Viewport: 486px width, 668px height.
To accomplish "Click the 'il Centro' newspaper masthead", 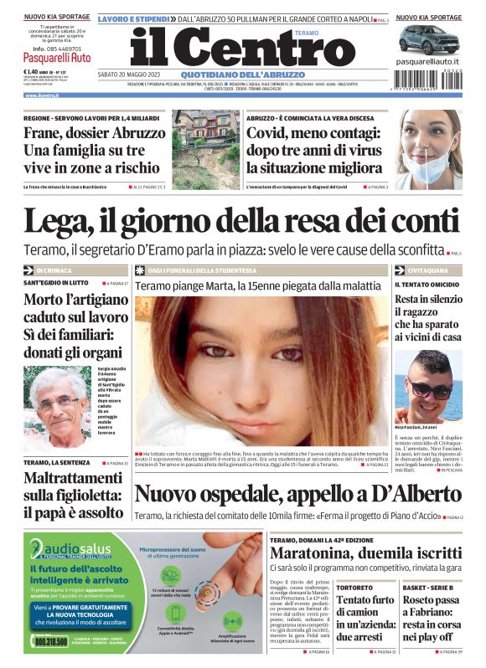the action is coord(243,47).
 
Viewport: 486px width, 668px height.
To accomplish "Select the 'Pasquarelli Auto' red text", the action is coord(57,58).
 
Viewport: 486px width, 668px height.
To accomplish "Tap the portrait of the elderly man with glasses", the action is coord(57,406).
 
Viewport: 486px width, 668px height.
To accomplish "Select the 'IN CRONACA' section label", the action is coord(55,271).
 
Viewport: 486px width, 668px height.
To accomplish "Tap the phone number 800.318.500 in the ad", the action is coord(52,641).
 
